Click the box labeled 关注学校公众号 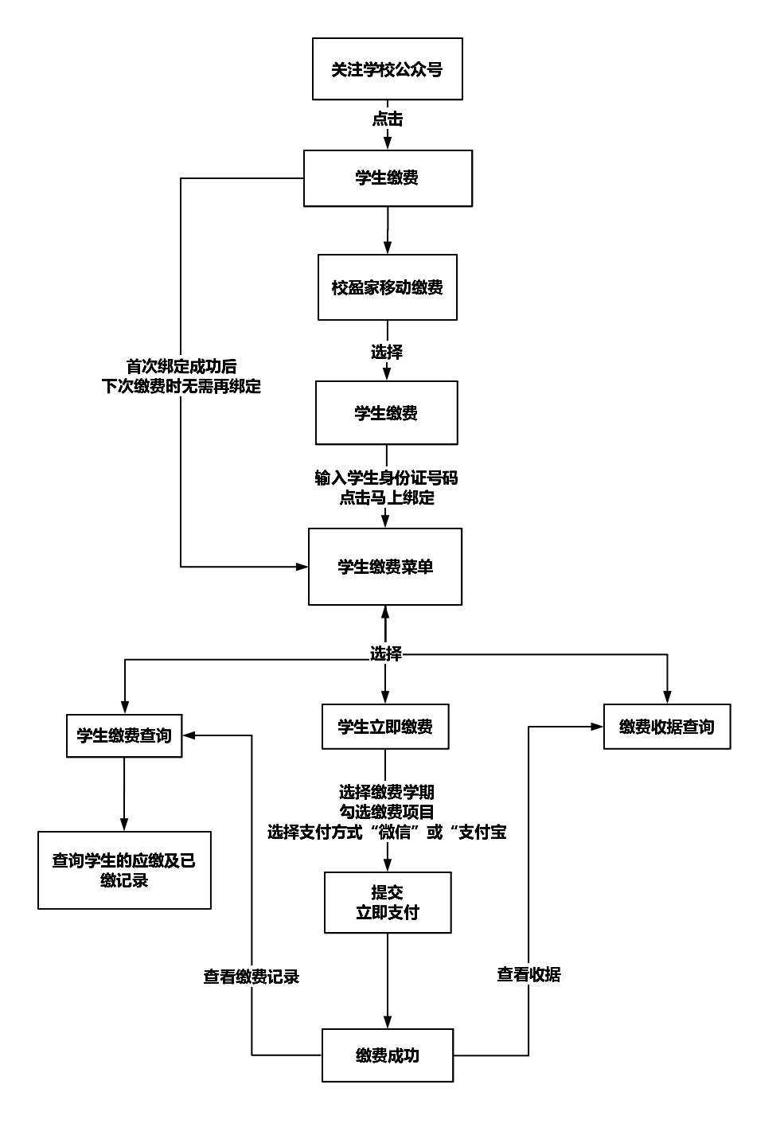pyautogui.click(x=387, y=69)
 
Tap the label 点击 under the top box pyautogui.click(x=388, y=119)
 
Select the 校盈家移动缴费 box pyautogui.click(x=387, y=287)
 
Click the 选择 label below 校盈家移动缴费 pyautogui.click(x=387, y=351)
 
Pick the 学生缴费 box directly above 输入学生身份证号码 pyautogui.click(x=386, y=412)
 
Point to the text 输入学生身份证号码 pyautogui.click(x=386, y=478)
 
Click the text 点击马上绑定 pyautogui.click(x=387, y=498)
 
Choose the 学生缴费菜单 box pyautogui.click(x=385, y=567)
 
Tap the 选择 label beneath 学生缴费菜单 pyautogui.click(x=386, y=653)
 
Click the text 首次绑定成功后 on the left pyautogui.click(x=181, y=367)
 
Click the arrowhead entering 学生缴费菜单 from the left pyautogui.click(x=302, y=567)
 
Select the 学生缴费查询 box pyautogui.click(x=123, y=735)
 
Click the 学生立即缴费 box pyautogui.click(x=385, y=727)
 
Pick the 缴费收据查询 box pyautogui.click(x=667, y=727)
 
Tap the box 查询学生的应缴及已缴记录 pyautogui.click(x=124, y=870)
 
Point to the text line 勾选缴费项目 pyautogui.click(x=387, y=812)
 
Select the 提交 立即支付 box pyautogui.click(x=388, y=903)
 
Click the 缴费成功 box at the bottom pyautogui.click(x=388, y=1055)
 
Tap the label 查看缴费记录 pyautogui.click(x=252, y=977)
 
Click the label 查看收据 pyautogui.click(x=528, y=974)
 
